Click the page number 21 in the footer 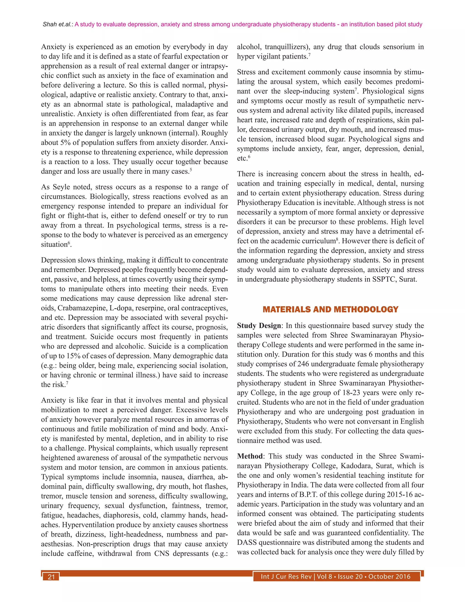pyautogui.click(x=51, y=577)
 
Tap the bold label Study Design pyautogui.click(x=259, y=326)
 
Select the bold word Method pyautogui.click(x=250, y=456)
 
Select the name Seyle pyautogui.click(x=62, y=187)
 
